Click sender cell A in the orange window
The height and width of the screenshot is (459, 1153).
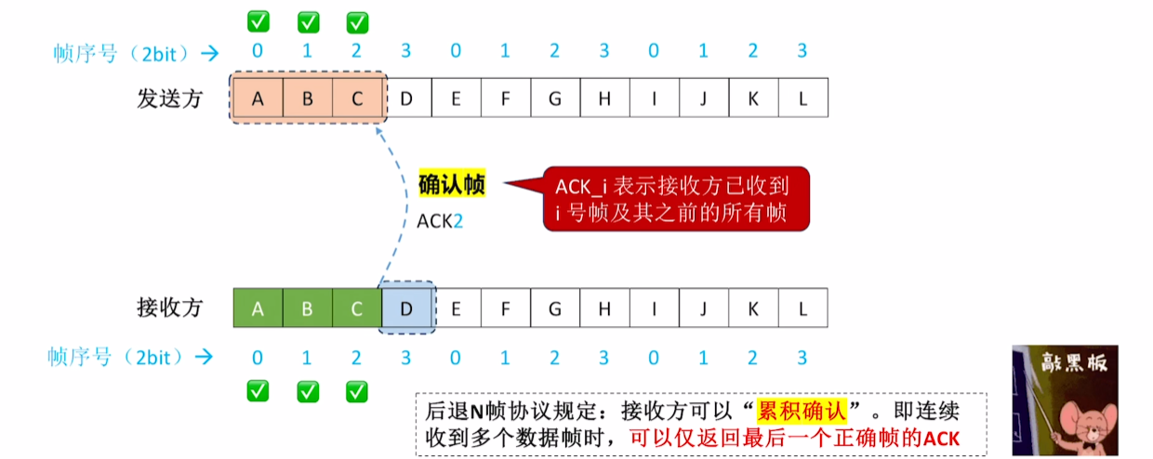(258, 98)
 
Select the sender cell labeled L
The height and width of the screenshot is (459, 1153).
(803, 98)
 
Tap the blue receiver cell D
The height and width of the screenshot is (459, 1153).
(406, 308)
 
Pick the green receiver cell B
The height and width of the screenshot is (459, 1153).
(307, 308)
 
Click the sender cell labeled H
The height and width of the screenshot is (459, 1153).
(604, 98)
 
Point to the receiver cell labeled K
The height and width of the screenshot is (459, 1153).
(753, 308)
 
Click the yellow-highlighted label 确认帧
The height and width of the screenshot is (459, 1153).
(452, 184)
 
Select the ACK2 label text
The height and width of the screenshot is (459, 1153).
(440, 221)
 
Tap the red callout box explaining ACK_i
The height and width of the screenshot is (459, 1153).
(676, 199)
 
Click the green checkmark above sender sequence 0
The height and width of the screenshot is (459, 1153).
(258, 21)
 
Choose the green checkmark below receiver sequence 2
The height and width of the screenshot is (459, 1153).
(357, 391)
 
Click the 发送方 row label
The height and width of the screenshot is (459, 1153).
(170, 98)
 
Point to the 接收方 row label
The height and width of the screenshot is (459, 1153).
(170, 308)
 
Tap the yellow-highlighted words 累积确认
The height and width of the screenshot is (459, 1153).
(802, 411)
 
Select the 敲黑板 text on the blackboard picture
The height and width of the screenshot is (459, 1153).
(1074, 362)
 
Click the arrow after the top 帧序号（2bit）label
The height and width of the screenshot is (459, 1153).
(210, 53)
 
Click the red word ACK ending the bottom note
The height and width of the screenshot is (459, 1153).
(942, 439)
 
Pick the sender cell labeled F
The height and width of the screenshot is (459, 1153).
(506, 98)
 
